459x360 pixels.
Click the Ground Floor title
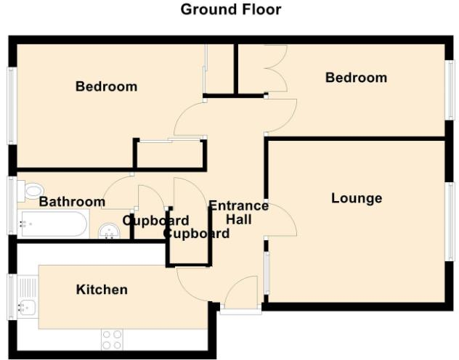[230, 9]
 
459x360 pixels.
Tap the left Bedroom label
[106, 86]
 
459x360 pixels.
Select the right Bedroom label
[356, 78]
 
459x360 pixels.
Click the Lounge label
[357, 198]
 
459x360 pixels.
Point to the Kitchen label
[102, 290]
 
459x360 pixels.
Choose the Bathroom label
[72, 201]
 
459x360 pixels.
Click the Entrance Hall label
[238, 212]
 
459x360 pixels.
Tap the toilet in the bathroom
[33, 191]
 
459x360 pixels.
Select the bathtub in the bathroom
[52, 225]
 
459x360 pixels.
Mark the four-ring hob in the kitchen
[111, 340]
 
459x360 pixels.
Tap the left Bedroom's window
[12, 105]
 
